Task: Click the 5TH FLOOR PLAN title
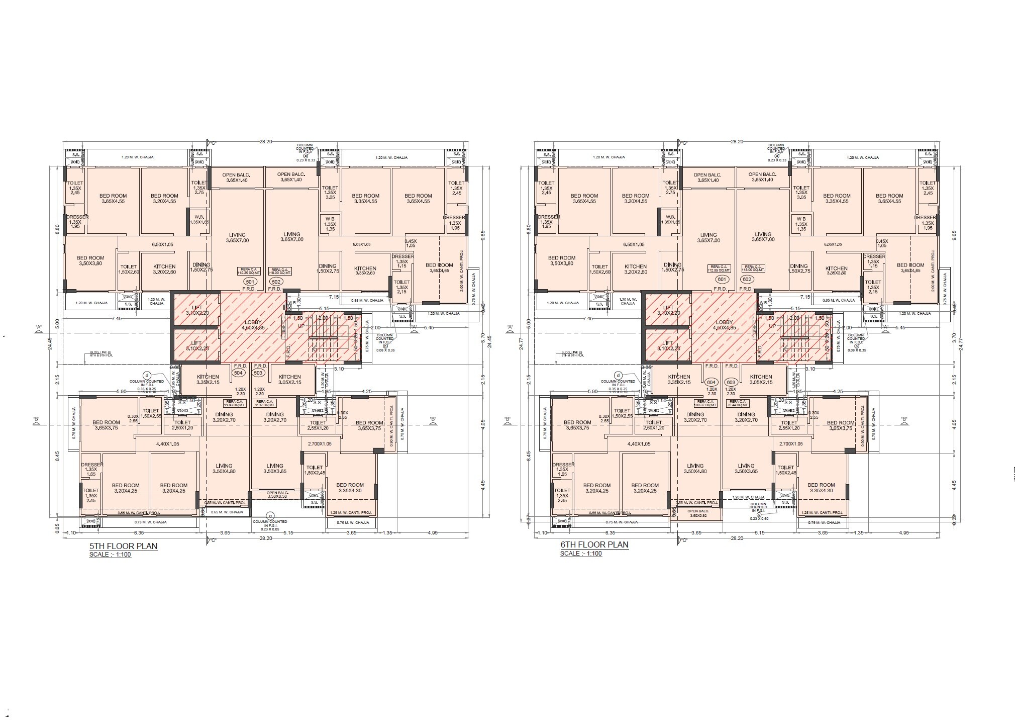(x=124, y=546)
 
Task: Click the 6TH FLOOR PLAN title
(x=594, y=545)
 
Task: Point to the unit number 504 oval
(x=238, y=373)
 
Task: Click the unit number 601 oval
(x=722, y=279)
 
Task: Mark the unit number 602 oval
(x=747, y=279)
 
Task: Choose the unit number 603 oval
(x=731, y=382)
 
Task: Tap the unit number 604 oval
(x=711, y=382)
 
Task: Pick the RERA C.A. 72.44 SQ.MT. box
(x=737, y=403)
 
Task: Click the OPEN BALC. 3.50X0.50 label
(x=277, y=495)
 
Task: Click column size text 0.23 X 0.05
(x=271, y=529)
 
